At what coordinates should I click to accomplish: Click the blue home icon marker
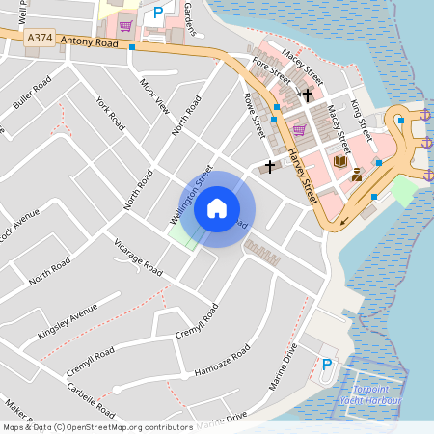pos(217,208)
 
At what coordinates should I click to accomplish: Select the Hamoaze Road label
pos(222,363)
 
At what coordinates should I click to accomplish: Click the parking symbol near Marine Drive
pos(327,366)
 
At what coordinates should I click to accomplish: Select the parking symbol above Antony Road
pos(157,14)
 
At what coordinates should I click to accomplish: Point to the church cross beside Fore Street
pos(308,95)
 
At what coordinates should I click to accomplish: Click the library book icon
pos(339,161)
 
